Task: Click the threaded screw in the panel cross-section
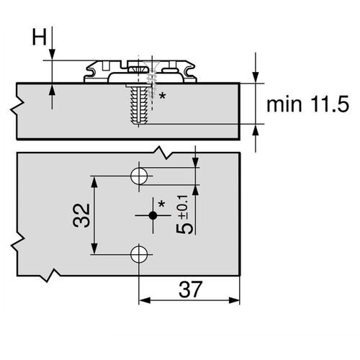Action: coord(138,104)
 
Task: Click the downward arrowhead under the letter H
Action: coord(52,56)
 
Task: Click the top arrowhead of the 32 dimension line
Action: coord(93,178)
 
